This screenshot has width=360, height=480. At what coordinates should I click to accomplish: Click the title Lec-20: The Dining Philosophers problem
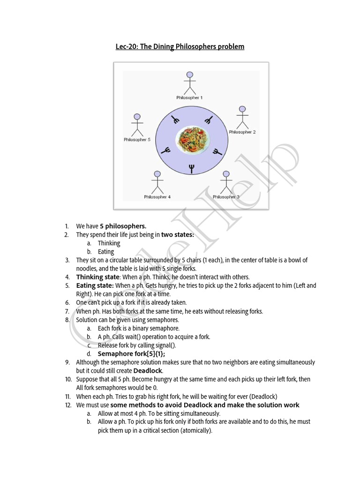pyautogui.click(x=180, y=47)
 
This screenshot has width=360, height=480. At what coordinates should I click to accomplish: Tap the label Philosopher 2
pyautogui.click(x=242, y=132)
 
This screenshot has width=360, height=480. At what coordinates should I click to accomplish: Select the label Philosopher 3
pyautogui.click(x=226, y=197)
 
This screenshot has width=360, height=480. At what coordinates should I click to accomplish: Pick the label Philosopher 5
pyautogui.click(x=137, y=140)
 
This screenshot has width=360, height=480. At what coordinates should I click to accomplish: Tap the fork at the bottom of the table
pyautogui.click(x=191, y=168)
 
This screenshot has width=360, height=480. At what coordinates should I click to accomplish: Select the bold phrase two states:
pyautogui.click(x=177, y=235)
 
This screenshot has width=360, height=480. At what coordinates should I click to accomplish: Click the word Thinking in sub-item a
pyautogui.click(x=109, y=243)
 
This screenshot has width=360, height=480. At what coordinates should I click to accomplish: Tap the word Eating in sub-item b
pyautogui.click(x=106, y=252)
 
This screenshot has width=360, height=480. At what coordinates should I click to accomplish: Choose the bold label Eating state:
pyautogui.click(x=95, y=285)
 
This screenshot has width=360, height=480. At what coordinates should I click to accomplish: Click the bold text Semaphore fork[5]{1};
pyautogui.click(x=131, y=354)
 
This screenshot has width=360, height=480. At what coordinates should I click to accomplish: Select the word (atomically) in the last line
pyautogui.click(x=195, y=430)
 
